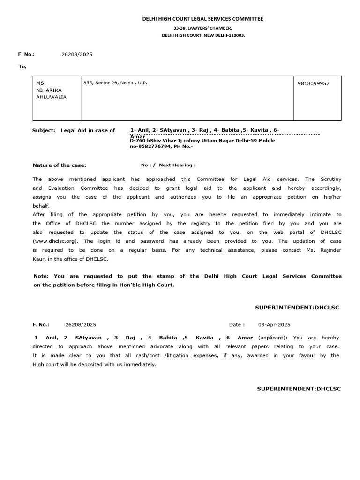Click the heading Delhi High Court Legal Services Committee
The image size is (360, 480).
pyautogui.click(x=203, y=19)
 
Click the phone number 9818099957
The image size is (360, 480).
pyautogui.click(x=314, y=83)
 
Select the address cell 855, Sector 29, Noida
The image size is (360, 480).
pyautogui.click(x=115, y=83)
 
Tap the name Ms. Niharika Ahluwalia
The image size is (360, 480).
pyautogui.click(x=52, y=90)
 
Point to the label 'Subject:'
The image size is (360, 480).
pyautogui.click(x=44, y=130)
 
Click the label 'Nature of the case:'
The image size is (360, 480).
pyautogui.click(x=60, y=165)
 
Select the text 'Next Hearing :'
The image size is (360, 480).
pyautogui.click(x=177, y=165)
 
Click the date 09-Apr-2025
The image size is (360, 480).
pyautogui.click(x=275, y=324)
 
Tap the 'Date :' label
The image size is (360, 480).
pyautogui.click(x=237, y=324)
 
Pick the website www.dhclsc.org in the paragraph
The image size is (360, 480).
pyautogui.click(x=56, y=241)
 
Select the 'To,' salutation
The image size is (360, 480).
pyautogui.click(x=22, y=67)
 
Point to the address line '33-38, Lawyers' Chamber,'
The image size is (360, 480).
pyautogui.click(x=203, y=28)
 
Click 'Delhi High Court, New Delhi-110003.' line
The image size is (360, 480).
pyautogui.click(x=203, y=35)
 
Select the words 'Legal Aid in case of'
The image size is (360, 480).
pyautogui.click(x=88, y=130)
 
